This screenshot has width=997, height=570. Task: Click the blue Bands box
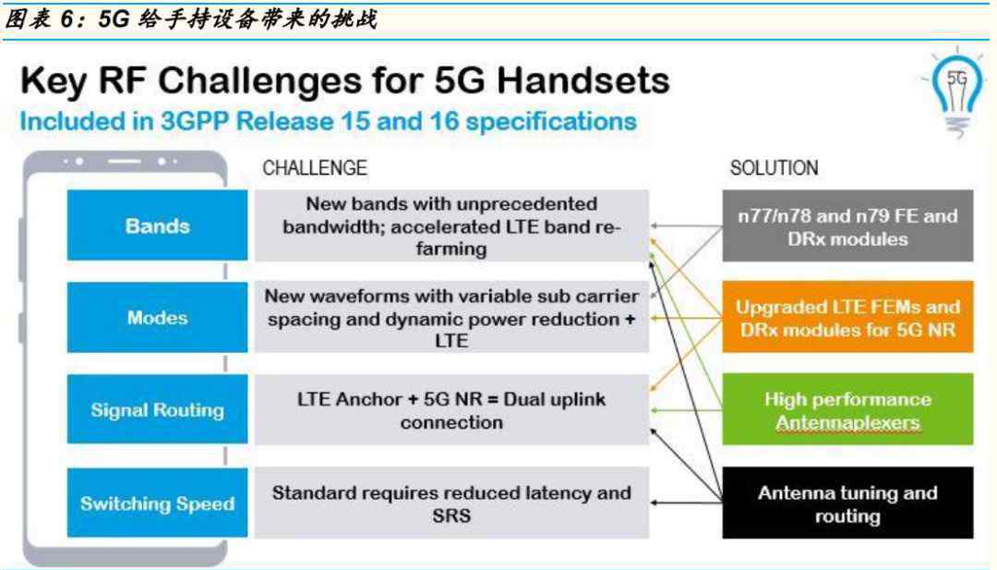click(x=157, y=225)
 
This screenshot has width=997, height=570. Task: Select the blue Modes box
click(x=157, y=317)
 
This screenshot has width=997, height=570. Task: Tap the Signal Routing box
click(x=157, y=409)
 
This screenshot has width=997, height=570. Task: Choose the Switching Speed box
click(x=157, y=503)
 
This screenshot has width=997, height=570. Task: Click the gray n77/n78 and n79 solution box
click(x=847, y=225)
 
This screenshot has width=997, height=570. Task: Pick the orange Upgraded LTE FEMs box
click(x=847, y=317)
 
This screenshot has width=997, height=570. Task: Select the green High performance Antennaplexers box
click(x=847, y=409)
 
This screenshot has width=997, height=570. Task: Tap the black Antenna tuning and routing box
click(x=847, y=503)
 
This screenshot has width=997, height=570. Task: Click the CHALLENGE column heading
click(x=315, y=168)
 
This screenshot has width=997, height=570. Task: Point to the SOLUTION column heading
click(x=774, y=168)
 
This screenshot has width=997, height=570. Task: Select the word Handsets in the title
click(x=583, y=80)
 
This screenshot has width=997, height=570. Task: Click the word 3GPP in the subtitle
click(x=194, y=122)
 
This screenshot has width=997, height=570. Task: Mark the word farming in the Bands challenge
click(x=451, y=249)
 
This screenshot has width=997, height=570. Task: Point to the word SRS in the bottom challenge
click(x=451, y=515)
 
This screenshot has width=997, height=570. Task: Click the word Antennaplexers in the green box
click(x=847, y=422)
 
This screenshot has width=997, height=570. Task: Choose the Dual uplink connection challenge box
click(x=452, y=409)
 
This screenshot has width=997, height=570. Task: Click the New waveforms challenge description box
click(x=452, y=317)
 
